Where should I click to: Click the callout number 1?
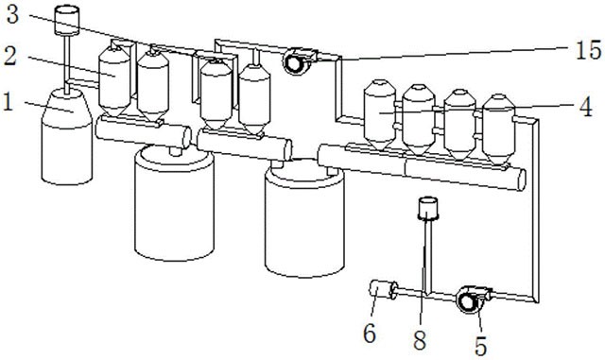[x=8, y=102]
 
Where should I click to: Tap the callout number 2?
[x=10, y=56]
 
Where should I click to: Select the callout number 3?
[x=12, y=15]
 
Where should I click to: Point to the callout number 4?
[x=586, y=107]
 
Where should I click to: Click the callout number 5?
[x=480, y=346]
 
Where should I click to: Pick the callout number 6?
[x=370, y=334]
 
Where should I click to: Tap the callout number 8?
[x=420, y=340]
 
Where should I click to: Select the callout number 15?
[x=588, y=50]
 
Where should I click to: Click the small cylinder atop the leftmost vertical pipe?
[x=67, y=20]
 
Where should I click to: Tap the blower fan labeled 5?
[x=470, y=300]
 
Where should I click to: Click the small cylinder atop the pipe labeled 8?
[x=428, y=209]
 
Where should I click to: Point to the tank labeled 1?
[x=66, y=137]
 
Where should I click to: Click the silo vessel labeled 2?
[x=114, y=82]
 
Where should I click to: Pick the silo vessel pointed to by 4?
[x=380, y=114]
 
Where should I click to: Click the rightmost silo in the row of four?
[x=499, y=129]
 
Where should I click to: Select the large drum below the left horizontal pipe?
[x=174, y=203]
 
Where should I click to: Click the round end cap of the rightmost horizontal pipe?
[x=521, y=180]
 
